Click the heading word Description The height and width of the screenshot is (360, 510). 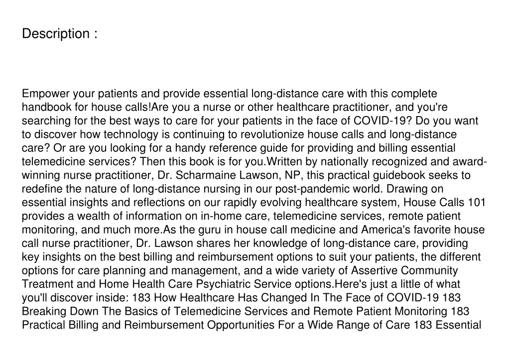[x=55, y=34]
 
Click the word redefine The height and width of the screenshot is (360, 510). [x=41, y=189]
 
